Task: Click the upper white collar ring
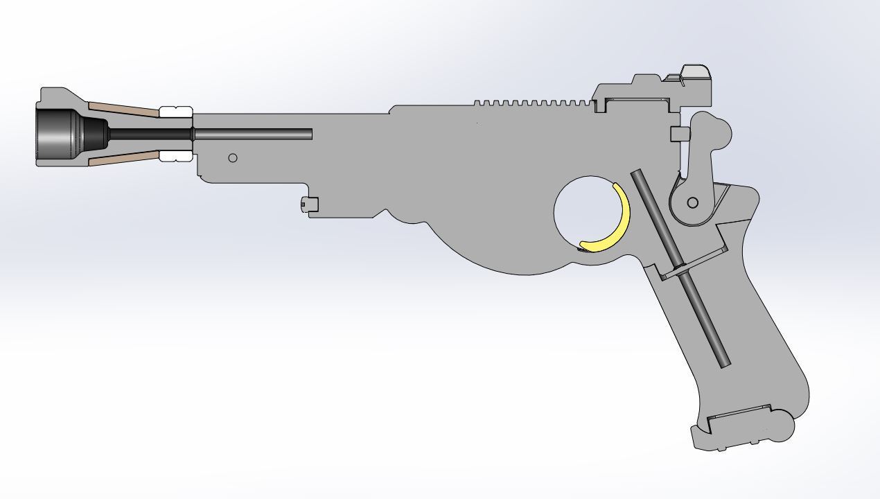175,112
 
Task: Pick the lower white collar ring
175,156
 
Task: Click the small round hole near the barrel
233,158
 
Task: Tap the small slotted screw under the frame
309,204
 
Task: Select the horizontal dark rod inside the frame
253,134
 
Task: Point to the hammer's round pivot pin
692,202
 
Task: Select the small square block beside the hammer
678,134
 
